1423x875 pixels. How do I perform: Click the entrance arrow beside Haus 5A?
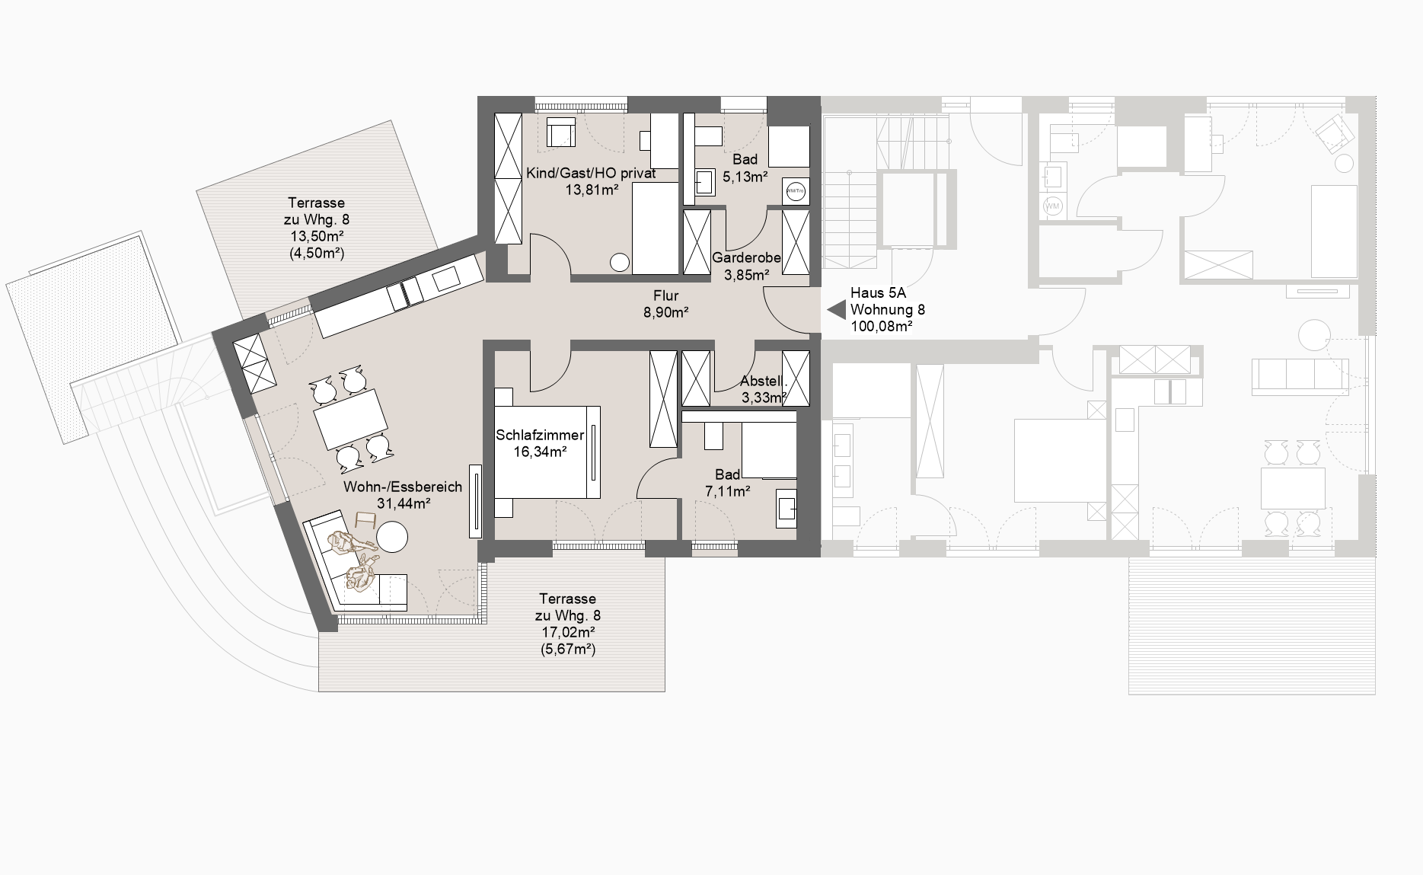838,310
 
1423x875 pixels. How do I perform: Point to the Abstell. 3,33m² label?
764,389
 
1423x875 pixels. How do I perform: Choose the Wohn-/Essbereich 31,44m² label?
403,495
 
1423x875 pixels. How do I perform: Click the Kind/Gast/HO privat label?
591,174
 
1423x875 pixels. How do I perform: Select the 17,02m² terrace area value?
567,632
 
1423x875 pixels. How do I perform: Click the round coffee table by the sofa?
393,536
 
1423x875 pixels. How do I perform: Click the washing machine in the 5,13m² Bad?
796,191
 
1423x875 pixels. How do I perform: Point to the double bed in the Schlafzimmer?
547,452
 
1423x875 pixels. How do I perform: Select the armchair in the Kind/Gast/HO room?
560,133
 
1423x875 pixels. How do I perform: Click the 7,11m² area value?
728,491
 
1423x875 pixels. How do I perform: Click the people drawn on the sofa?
355,560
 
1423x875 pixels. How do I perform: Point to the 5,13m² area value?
745,177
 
